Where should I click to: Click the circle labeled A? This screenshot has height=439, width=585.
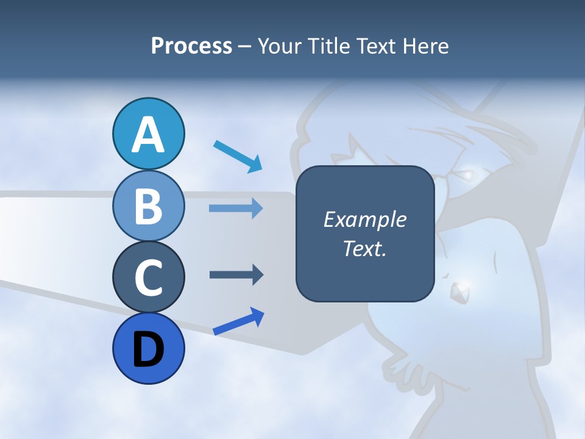(x=148, y=134)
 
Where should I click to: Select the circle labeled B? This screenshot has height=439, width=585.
(x=148, y=205)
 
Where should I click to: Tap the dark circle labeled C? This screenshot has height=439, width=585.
(x=148, y=277)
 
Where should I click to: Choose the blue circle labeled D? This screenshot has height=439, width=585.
(x=148, y=348)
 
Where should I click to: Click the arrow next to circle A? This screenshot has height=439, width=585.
(x=238, y=156)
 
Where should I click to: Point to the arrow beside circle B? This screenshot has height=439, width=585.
(x=236, y=209)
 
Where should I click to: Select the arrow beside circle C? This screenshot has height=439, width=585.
(x=236, y=275)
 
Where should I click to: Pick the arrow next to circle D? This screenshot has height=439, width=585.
(x=238, y=321)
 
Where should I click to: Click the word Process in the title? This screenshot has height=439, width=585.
(x=191, y=46)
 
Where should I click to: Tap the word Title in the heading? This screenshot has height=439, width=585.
(x=322, y=46)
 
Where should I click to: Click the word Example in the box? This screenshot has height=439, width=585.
(x=364, y=220)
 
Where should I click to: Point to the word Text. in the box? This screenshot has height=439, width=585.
(x=364, y=248)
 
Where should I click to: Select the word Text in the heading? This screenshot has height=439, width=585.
(x=373, y=46)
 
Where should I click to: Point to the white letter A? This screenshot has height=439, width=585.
(x=148, y=135)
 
